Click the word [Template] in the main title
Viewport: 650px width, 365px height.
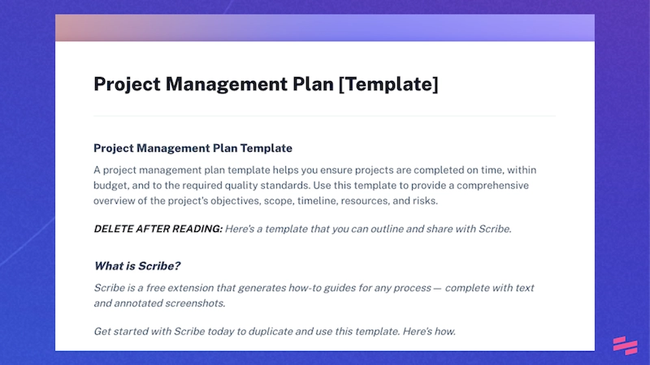388,84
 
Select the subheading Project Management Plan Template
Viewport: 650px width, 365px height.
193,148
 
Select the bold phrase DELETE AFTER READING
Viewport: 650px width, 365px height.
158,229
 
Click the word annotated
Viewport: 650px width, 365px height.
145,303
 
